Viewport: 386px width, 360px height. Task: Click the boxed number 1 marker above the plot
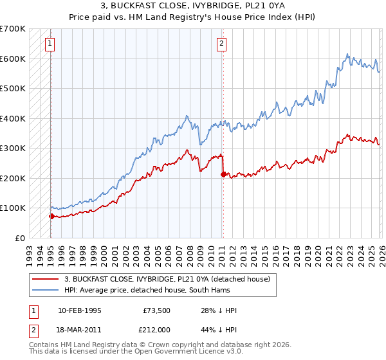coord(50,44)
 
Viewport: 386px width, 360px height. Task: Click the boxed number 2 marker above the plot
coord(221,44)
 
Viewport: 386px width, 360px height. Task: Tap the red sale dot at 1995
coord(51,216)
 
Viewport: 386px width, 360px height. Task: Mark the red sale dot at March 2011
coord(223,174)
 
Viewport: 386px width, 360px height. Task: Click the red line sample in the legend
coord(45,278)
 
